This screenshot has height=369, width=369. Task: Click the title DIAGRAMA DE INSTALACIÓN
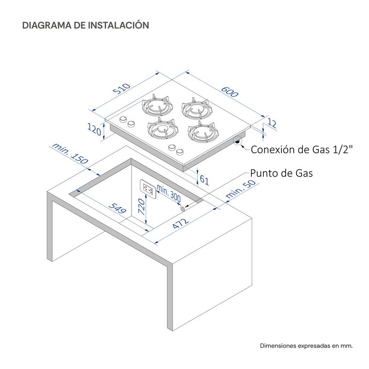click(86, 25)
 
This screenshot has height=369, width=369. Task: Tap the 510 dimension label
click(122, 89)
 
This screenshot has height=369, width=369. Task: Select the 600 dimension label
click(230, 92)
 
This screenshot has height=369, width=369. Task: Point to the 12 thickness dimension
click(272, 123)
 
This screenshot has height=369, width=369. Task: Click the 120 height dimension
click(95, 129)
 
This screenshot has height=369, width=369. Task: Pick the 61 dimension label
click(204, 180)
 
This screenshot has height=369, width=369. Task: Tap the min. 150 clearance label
click(70, 154)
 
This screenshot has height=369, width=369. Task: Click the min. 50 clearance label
click(240, 189)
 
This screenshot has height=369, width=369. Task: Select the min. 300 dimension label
click(169, 193)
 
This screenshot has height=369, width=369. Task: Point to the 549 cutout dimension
click(118, 208)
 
